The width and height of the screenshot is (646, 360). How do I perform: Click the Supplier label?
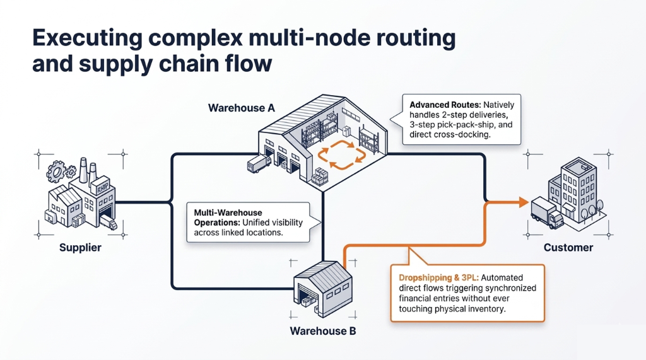point(80,248)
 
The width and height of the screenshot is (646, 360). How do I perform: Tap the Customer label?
point(568,248)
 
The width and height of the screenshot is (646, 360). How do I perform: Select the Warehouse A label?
point(242,108)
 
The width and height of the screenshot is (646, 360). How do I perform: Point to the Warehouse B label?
point(323,331)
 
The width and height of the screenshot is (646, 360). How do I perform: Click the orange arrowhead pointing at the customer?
point(524,202)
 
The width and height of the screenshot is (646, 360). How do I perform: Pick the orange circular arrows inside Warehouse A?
point(341,155)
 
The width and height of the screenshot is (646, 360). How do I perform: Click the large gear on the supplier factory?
point(56,171)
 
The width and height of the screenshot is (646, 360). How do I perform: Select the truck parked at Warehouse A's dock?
point(259,163)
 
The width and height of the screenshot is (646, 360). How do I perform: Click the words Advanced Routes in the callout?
point(445,105)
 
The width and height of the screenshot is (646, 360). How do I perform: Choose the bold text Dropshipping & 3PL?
point(439,277)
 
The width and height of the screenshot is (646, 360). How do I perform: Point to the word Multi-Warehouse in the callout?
point(228,212)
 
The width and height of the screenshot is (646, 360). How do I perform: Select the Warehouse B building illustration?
point(323,289)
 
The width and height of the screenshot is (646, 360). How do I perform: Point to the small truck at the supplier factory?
point(109,223)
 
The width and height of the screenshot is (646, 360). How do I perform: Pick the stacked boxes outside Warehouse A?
point(320,177)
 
